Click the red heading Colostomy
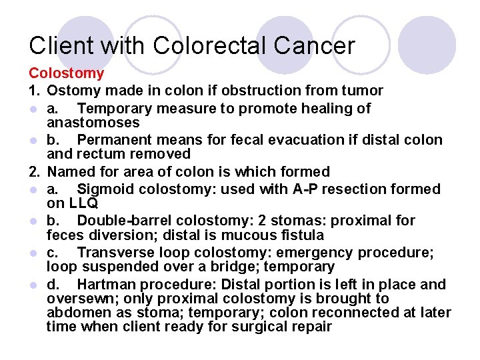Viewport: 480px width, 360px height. [66, 73]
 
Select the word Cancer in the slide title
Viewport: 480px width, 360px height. [313, 46]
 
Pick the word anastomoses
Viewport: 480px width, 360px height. [93, 123]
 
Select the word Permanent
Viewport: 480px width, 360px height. [115, 140]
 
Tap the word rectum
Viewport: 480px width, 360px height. [96, 155]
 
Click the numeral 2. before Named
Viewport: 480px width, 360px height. [35, 172]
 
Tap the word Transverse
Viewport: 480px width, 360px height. [115, 253]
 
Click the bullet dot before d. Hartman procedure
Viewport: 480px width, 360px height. [33, 285]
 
